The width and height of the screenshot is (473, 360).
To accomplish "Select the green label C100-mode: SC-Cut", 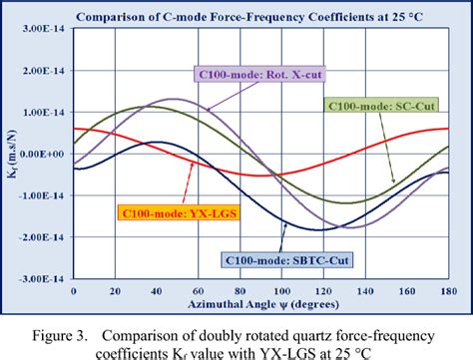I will [x=378, y=105].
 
